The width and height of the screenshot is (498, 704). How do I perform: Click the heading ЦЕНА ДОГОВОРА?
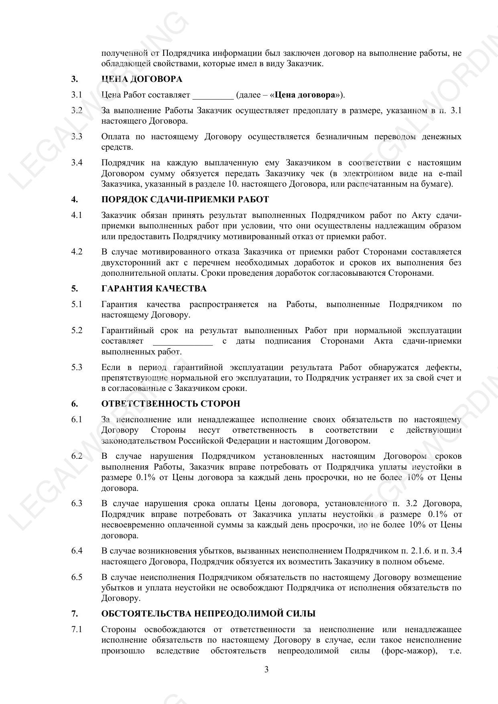pos(142,79)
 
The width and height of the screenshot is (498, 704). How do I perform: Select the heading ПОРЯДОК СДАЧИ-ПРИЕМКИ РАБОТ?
pos(185,199)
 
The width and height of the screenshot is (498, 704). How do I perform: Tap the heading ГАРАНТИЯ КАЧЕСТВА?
pos(154,289)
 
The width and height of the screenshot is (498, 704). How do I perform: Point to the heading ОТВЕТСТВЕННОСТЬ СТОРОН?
pos(171,404)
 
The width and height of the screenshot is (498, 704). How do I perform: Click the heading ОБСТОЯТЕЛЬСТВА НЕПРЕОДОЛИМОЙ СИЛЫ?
pos(208,614)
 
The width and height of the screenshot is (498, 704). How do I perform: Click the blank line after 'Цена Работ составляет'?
pos(213,96)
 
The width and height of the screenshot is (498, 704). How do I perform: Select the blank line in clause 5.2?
pos(183,342)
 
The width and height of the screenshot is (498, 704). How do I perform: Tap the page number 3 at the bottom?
pos(266,669)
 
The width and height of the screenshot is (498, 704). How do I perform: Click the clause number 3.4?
pos(77,163)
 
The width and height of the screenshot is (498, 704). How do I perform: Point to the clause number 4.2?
pos(77,252)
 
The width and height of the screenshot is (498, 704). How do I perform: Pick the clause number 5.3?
pos(77,367)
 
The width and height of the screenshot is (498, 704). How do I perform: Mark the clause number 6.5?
pos(77,577)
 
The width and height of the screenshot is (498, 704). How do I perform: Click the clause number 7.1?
pos(77,629)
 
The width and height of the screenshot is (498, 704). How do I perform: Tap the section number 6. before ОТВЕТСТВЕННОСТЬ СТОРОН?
pos(75,404)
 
